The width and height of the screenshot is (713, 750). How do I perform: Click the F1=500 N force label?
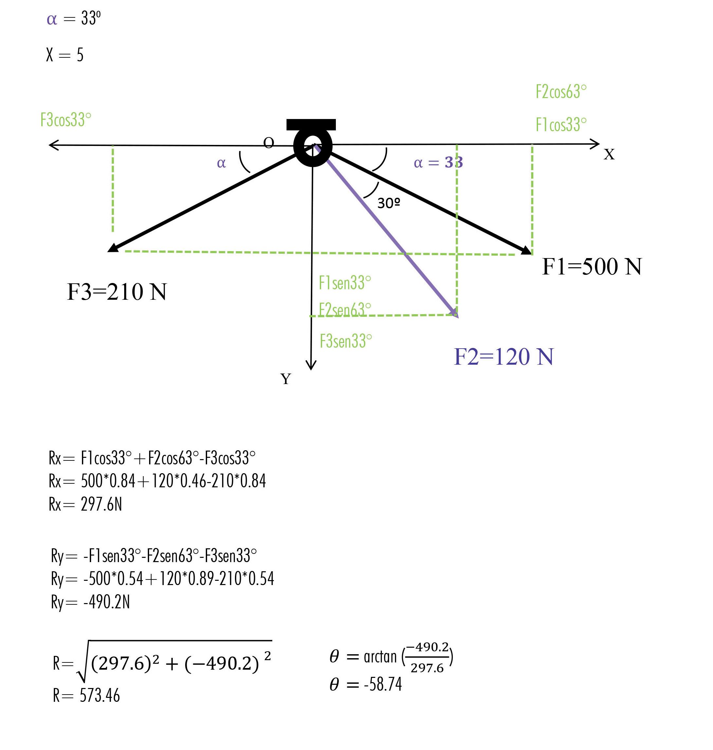tap(591, 267)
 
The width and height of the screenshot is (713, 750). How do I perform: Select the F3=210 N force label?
tap(117, 292)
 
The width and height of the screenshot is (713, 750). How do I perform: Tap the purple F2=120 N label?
tap(504, 357)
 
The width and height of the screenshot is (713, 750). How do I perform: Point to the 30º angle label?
tap(388, 203)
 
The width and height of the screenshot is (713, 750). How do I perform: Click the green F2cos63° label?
tap(561, 91)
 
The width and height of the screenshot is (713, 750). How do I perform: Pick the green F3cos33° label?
tap(66, 120)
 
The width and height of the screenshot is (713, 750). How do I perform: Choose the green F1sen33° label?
tap(345, 283)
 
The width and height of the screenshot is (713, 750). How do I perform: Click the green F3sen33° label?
tap(345, 341)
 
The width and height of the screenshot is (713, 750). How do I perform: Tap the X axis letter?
tap(609, 154)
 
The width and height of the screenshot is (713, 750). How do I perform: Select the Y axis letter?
tap(286, 379)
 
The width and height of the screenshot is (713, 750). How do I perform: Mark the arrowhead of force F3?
tap(112, 248)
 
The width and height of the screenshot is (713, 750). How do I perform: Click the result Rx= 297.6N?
tap(86, 504)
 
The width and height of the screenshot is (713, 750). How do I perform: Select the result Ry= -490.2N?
tap(90, 602)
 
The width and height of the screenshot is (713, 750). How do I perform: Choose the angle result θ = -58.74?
tap(366, 685)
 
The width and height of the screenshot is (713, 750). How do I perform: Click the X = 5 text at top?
tap(65, 55)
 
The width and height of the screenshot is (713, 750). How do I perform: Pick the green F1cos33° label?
tap(561, 125)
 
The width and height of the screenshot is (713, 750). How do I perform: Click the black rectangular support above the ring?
tap(311, 124)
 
